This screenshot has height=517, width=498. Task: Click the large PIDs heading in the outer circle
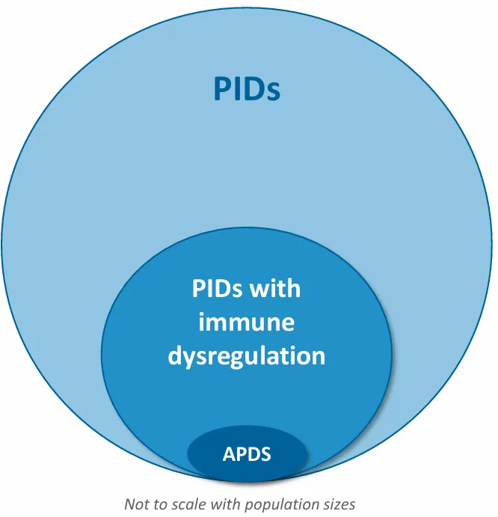247,88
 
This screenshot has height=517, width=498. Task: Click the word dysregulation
246,355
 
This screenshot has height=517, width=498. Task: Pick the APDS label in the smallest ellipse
246,453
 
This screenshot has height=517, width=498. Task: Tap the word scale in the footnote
187,504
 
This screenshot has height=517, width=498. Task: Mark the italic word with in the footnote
227,504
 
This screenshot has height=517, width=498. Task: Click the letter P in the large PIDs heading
222,88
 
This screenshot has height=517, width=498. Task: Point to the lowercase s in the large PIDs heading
272,91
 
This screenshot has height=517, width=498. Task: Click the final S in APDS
265,453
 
